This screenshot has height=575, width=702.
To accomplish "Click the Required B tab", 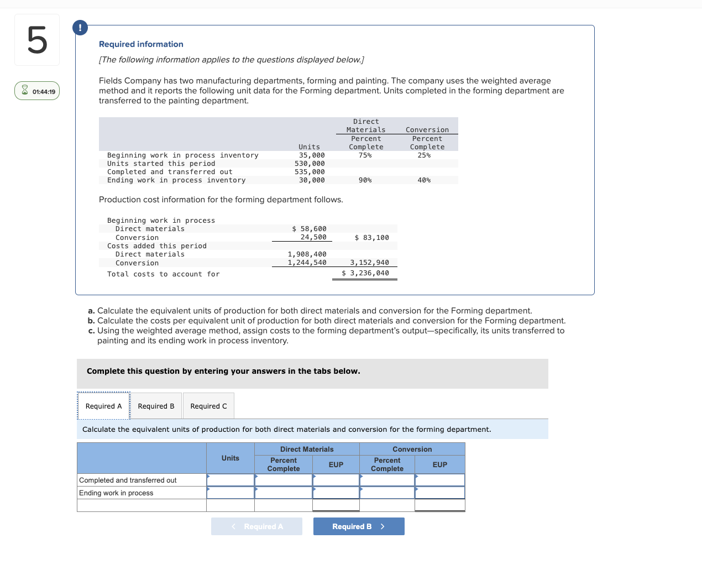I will click(x=156, y=406).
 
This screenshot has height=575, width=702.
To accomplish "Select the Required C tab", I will click(x=208, y=406).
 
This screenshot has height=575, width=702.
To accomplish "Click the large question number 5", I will click(x=37, y=40).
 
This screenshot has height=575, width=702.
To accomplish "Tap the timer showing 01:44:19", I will click(x=37, y=91).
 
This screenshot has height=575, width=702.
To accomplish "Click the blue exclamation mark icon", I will click(x=80, y=28).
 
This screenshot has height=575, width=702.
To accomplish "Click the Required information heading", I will click(x=141, y=44).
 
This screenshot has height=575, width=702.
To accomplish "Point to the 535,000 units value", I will click(x=310, y=172).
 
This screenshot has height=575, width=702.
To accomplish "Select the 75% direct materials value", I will click(x=365, y=155).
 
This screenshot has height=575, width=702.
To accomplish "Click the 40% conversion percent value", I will click(x=424, y=180).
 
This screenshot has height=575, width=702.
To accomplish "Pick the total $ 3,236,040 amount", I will click(x=365, y=273).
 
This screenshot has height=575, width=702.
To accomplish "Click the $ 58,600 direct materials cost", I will click(x=309, y=229).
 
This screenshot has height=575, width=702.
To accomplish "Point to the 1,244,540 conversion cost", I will click(x=307, y=263).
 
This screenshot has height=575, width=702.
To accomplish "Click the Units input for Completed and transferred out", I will click(x=230, y=480).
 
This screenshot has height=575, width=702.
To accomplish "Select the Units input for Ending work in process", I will click(x=230, y=493).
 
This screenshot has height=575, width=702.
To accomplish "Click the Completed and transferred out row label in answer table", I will click(x=128, y=480).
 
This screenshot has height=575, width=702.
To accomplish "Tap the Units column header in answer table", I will click(x=230, y=458).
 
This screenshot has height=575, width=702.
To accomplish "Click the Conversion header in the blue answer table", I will click(x=412, y=449).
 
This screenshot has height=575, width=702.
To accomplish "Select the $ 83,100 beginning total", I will click(x=371, y=238).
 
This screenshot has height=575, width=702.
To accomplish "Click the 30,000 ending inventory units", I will click(x=312, y=180).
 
